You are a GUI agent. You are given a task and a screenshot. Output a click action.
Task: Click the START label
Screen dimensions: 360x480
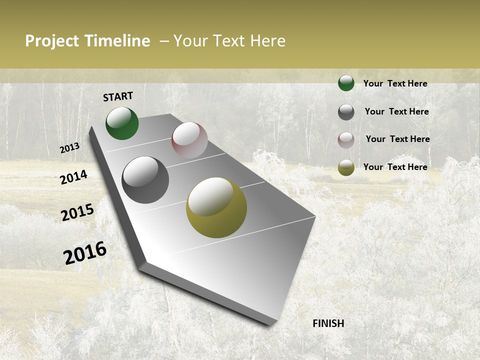pyautogui.click(x=118, y=96)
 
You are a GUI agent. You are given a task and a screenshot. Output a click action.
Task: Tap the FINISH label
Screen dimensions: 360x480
pyautogui.click(x=328, y=323)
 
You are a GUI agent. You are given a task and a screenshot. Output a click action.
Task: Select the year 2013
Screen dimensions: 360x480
pyautogui.click(x=70, y=148)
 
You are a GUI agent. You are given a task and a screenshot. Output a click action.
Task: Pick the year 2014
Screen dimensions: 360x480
pyautogui.click(x=73, y=177)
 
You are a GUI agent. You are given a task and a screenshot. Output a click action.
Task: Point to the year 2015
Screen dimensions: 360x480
pyautogui.click(x=77, y=212)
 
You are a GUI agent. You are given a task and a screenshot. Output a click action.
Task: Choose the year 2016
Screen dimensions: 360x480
pyautogui.click(x=85, y=252)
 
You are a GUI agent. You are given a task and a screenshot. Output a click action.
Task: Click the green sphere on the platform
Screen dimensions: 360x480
pyautogui.click(x=122, y=123)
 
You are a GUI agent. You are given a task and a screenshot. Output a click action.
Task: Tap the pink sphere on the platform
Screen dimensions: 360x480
pyautogui.click(x=189, y=140)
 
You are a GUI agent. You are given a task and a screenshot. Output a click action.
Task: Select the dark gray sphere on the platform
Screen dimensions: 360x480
pyautogui.click(x=145, y=180)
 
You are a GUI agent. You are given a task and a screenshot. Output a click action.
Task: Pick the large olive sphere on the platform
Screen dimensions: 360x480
pyautogui.click(x=216, y=207)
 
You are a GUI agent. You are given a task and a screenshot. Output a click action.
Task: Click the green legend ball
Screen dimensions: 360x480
pyautogui.click(x=346, y=83)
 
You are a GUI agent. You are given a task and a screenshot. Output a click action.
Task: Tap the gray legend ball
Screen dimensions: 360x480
pyautogui.click(x=346, y=112)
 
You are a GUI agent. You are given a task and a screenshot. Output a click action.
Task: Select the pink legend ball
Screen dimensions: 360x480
pyautogui.click(x=346, y=140)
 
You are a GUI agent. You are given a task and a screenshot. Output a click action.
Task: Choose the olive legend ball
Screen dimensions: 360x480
pyautogui.click(x=346, y=167)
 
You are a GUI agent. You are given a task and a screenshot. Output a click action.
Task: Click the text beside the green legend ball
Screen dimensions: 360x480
pyautogui.click(x=395, y=83)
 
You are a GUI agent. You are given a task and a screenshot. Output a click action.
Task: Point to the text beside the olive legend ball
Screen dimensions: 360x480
pyautogui.click(x=395, y=167)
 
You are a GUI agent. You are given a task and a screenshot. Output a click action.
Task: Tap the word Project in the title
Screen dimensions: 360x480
pyautogui.click(x=52, y=41)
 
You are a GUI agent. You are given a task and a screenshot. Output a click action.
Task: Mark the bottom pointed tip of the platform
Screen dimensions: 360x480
pyautogui.click(x=272, y=324)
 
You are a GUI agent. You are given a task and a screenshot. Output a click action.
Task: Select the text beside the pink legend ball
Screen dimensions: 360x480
pyautogui.click(x=397, y=139)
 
